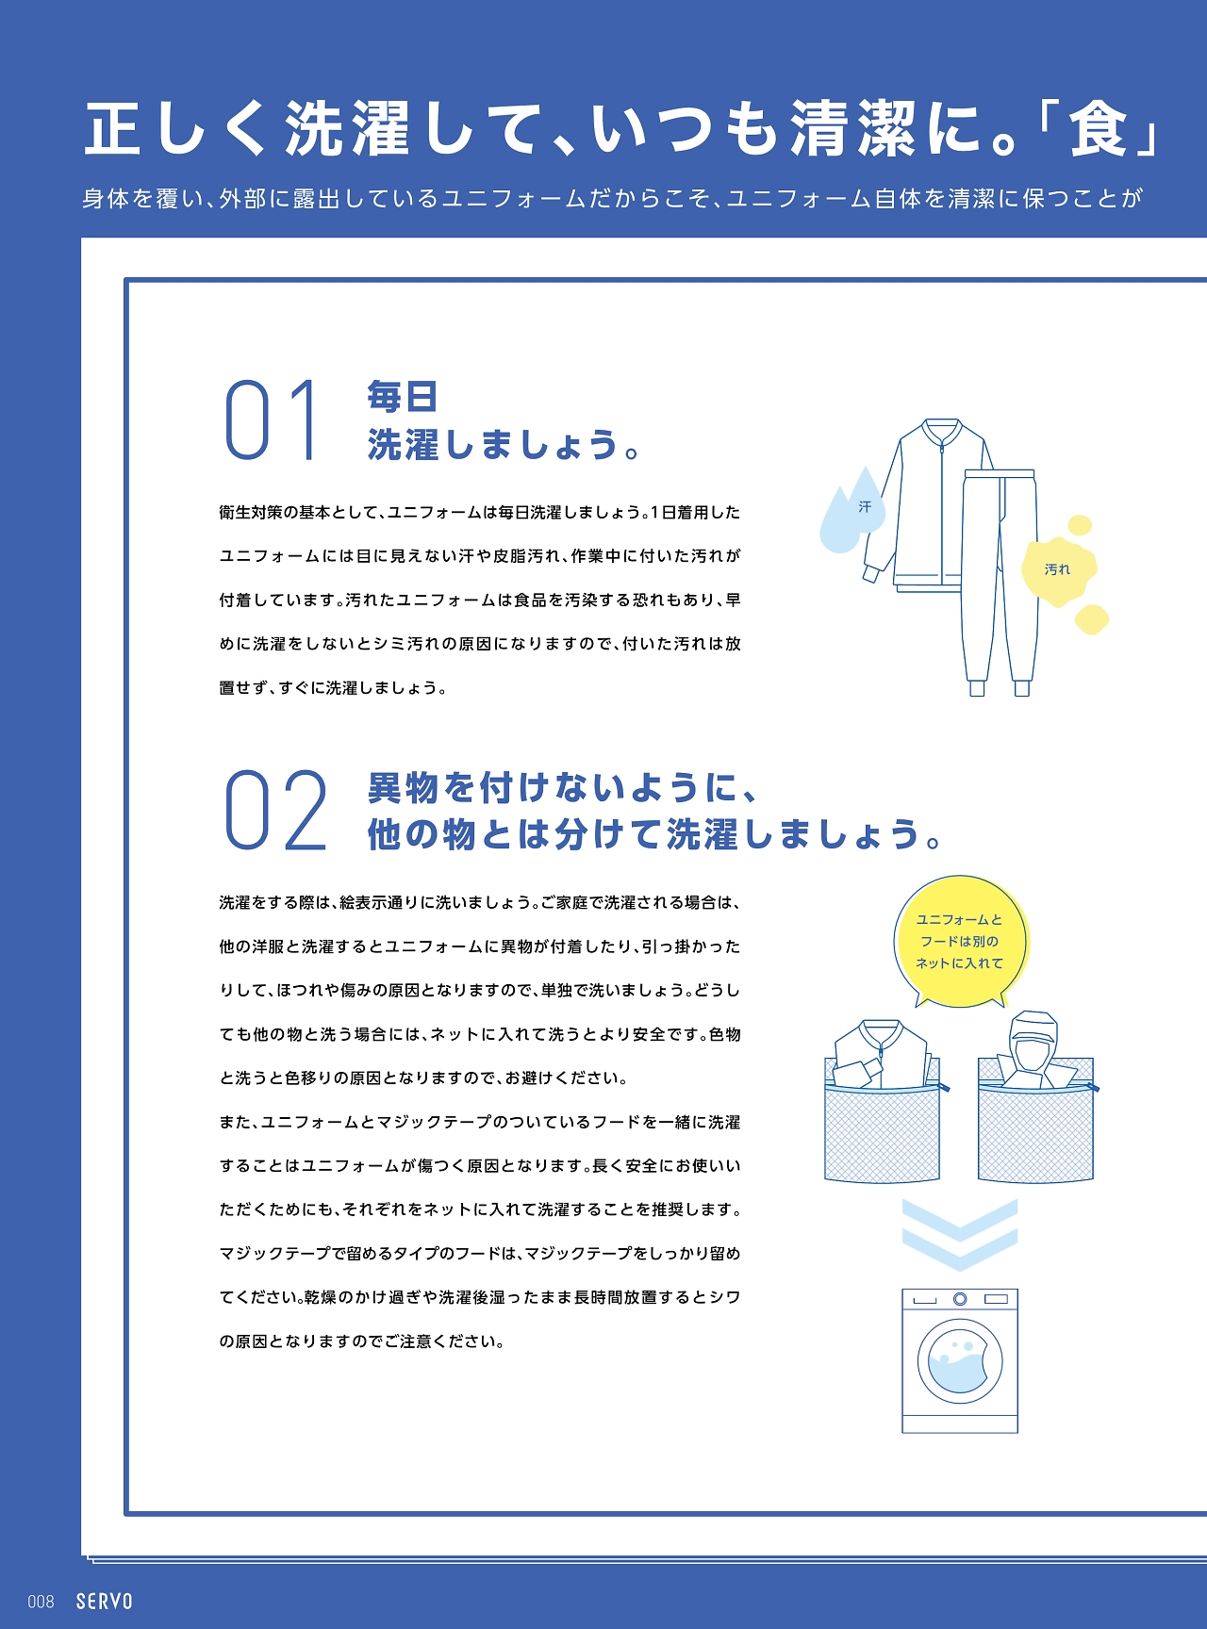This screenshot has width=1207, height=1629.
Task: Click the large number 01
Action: pyautogui.click(x=272, y=420)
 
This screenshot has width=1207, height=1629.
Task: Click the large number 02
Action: pyautogui.click(x=275, y=810)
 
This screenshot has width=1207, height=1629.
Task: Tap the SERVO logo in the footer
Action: pyautogui.click(x=105, y=1601)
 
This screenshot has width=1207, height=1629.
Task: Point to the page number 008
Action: pyautogui.click(x=41, y=1602)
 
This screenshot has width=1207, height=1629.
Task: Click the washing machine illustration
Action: pyautogui.click(x=960, y=1360)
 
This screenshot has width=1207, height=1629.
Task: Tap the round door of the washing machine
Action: pyautogui.click(x=960, y=1361)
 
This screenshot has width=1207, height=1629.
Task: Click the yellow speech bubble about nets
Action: pyautogui.click(x=960, y=941)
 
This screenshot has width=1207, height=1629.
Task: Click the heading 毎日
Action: pyautogui.click(x=403, y=397)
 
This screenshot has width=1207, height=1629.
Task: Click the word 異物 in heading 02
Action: pyautogui.click(x=404, y=787)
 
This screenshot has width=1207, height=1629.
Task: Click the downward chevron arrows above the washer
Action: pyautogui.click(x=960, y=1234)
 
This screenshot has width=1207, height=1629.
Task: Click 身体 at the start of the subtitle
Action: pyautogui.click(x=105, y=198)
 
